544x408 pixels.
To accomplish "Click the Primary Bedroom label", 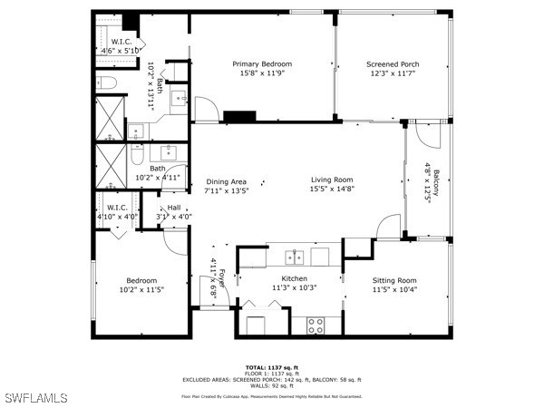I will pos(262,63).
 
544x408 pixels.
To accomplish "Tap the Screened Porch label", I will pos(392,64).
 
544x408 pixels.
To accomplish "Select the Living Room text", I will pos(332,180).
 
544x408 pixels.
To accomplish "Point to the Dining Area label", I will pos(226,181).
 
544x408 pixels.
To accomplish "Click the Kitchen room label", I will pos(294,278).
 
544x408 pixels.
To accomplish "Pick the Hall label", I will pos(173,208).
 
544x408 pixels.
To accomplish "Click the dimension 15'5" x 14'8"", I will pos(332,189).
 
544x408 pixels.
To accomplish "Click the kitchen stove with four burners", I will pos(316,324).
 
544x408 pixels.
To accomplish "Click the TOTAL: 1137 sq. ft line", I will pos(271,365).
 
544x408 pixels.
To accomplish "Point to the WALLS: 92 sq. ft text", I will pos(271,386).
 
